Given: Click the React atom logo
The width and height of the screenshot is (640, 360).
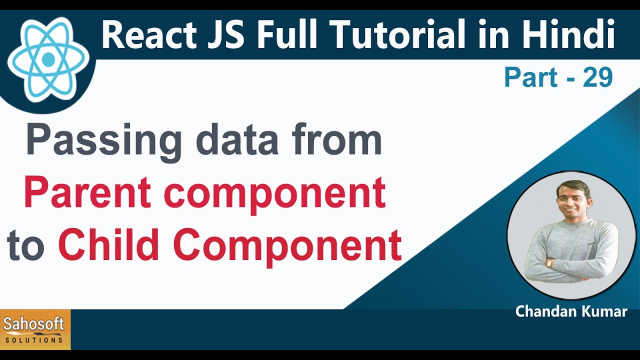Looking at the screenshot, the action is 48,59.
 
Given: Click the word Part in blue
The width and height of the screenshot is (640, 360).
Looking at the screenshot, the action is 531,77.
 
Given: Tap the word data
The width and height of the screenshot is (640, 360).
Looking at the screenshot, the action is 237,140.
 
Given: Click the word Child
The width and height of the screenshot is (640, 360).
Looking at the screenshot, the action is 108,244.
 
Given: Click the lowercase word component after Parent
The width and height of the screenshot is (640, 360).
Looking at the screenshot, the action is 275,195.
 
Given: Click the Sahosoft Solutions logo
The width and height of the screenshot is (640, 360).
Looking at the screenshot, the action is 35,329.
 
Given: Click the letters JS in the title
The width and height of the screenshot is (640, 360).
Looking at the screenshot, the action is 225,34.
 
